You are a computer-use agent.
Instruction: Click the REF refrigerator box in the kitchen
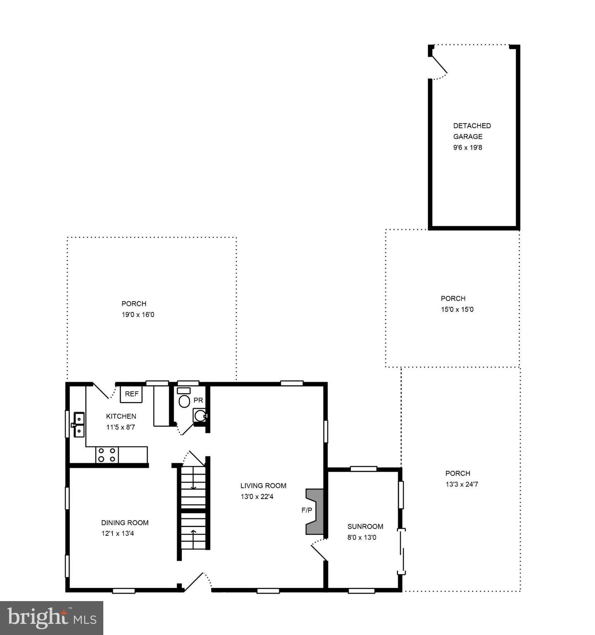(131, 394)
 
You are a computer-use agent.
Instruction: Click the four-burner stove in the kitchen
(107, 455)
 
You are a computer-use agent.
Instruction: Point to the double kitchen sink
(78, 425)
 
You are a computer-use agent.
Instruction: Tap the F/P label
(307, 510)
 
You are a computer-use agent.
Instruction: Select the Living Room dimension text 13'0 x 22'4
(257, 497)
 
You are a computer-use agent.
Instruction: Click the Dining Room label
(125, 523)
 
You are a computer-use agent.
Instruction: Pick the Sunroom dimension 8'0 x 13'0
(362, 537)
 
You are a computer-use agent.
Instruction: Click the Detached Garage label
(472, 131)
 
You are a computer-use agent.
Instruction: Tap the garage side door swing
(439, 67)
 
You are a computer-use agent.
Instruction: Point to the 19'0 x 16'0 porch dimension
(138, 315)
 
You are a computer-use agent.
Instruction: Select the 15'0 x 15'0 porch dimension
(457, 309)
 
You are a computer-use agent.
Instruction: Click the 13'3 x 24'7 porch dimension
(462, 484)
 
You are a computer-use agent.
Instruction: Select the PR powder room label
(198, 400)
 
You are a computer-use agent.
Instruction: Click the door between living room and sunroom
(319, 550)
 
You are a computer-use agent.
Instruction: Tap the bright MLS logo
(52, 618)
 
